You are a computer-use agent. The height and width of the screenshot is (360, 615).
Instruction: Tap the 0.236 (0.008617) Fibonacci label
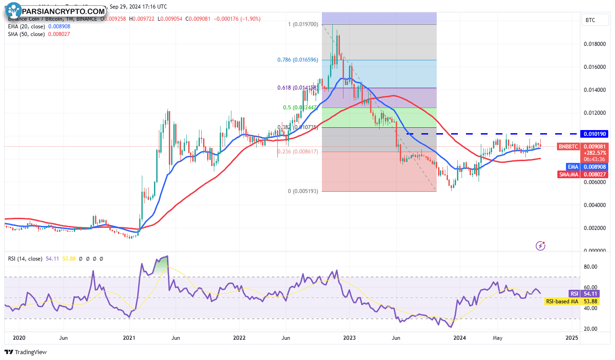point(298,152)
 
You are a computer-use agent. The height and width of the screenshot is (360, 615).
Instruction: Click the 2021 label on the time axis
point(129,337)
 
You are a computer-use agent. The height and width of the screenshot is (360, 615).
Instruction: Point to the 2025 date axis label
point(571,337)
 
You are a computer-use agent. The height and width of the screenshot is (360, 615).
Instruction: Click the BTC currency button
point(590,20)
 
